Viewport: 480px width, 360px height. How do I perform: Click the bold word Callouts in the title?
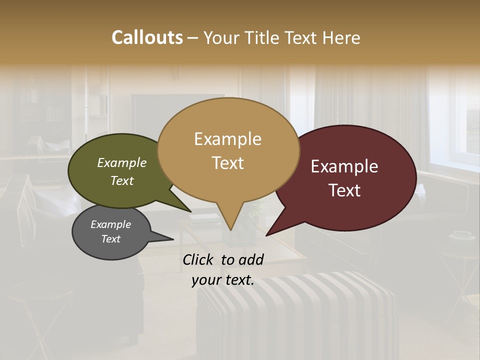[x=147, y=37]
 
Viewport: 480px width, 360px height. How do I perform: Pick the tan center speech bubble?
[x=228, y=150]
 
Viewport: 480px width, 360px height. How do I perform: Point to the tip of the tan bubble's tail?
[x=230, y=229]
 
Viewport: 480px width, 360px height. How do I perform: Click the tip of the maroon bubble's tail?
[x=267, y=235]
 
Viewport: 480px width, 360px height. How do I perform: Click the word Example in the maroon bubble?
[x=344, y=166]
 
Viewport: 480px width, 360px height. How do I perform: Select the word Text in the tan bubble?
[x=228, y=163]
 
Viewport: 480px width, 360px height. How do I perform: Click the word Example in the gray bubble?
[x=110, y=224]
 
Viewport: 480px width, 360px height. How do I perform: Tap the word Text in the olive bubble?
[x=122, y=180]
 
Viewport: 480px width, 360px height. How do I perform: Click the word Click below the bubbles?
[x=199, y=259]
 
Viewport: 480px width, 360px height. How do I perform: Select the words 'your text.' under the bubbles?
[x=223, y=280]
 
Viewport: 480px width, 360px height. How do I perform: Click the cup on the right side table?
[x=461, y=234]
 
